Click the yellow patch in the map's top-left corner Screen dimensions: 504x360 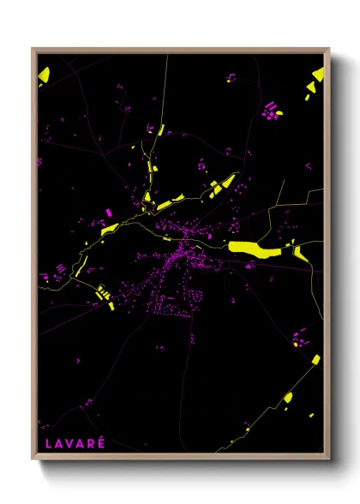44,75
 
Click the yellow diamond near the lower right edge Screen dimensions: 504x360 315,359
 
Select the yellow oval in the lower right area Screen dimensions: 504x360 288,397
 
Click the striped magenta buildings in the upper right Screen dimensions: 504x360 272,109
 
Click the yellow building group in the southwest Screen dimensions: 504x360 105,294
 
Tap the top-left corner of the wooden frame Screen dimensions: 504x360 33,50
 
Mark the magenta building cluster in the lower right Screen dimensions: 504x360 297,337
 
